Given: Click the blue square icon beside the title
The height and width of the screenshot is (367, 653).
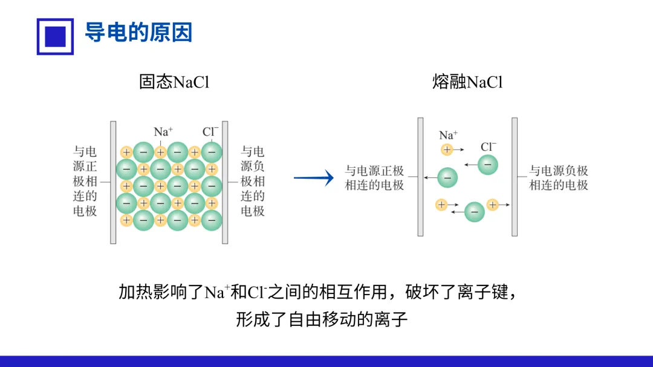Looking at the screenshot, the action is [x=55, y=37].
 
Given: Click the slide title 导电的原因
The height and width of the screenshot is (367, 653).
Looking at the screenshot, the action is [x=138, y=33].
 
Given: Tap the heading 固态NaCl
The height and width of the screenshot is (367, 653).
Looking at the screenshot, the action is [x=174, y=81].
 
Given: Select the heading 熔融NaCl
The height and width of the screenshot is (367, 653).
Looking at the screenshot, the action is [x=467, y=81].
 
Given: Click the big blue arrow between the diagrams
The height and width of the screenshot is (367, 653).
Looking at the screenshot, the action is [x=314, y=178].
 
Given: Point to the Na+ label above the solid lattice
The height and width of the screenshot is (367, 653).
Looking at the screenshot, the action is [x=163, y=132].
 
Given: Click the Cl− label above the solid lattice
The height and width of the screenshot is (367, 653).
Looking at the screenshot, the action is [x=210, y=132].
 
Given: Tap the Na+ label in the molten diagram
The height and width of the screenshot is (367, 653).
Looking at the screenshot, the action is [x=448, y=135].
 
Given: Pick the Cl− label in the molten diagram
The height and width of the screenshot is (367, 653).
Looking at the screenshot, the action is [x=489, y=147].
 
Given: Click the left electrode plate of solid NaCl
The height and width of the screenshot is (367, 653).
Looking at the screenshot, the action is [x=113, y=182].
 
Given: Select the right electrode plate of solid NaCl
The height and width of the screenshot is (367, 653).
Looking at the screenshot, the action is [x=225, y=182].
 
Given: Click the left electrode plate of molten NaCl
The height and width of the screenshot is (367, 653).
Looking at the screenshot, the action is [x=421, y=177].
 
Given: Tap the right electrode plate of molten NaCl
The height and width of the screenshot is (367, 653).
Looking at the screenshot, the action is [x=515, y=177].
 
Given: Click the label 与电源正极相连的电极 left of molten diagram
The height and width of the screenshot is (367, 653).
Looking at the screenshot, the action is [x=374, y=178].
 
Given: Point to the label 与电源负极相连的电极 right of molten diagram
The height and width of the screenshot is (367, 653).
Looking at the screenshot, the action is [x=559, y=178].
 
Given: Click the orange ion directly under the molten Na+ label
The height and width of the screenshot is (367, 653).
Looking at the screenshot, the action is [x=447, y=150].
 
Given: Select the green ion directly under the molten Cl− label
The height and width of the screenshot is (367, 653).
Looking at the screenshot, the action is [x=488, y=165].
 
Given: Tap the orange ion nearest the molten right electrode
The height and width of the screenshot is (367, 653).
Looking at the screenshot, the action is [x=493, y=205].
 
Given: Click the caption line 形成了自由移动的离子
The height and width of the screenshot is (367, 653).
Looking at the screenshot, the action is [x=322, y=319].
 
